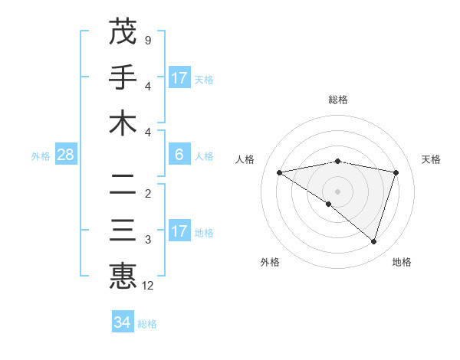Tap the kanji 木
tap(123, 123)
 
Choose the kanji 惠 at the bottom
tap(123, 276)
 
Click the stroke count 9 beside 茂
tap(147, 39)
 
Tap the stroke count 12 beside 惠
tap(148, 286)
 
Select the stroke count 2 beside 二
tap(147, 193)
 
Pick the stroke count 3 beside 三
tap(147, 240)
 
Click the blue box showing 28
tap(65, 155)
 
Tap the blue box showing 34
tap(122, 322)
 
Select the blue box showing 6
tap(179, 155)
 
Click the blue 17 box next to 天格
tap(179, 78)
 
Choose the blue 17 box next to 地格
tap(179, 231)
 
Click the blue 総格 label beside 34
tap(147, 324)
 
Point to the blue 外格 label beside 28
tap(41, 156)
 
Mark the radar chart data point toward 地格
tap(373, 241)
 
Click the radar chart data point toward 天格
tap(396, 172)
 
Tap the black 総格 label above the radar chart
tap(337, 100)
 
